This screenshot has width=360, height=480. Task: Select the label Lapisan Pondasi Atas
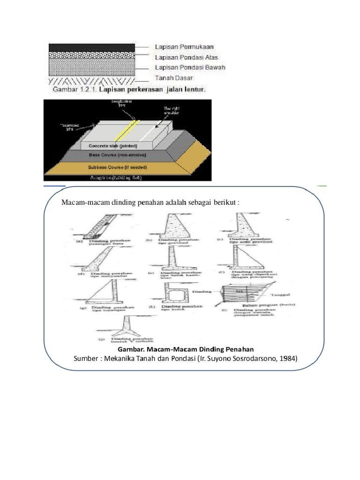coord(186,58)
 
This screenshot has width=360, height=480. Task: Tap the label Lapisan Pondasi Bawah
coord(190,67)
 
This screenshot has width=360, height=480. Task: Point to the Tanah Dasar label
coord(173,78)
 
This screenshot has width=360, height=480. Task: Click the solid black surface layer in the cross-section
coord(92,47)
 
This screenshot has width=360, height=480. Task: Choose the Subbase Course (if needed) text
coord(123,167)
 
